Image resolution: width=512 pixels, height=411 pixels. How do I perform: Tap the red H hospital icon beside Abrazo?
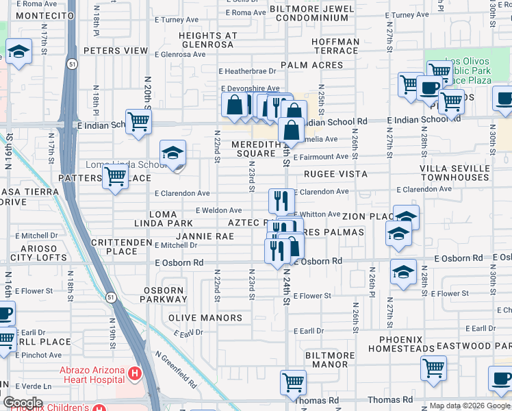point(136,375)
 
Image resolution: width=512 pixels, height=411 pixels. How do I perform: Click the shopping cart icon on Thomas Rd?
point(294,382)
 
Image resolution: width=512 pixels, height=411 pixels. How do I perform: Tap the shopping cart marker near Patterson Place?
point(116,177)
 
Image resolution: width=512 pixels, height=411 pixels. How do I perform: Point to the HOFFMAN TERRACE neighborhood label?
point(335,47)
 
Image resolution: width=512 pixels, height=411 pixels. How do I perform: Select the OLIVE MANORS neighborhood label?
point(205,318)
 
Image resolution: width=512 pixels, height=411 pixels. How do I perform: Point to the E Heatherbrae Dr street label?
point(247,71)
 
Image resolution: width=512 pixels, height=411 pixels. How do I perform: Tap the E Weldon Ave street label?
point(218,210)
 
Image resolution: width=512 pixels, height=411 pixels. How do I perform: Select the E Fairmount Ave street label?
point(320,157)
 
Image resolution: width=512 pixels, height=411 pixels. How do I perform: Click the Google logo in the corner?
point(22,403)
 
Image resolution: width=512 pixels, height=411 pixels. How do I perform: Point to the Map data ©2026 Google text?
point(470,406)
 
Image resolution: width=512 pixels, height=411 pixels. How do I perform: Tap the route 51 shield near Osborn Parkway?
point(110,297)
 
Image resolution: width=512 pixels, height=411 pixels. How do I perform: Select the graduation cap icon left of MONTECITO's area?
point(18,51)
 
